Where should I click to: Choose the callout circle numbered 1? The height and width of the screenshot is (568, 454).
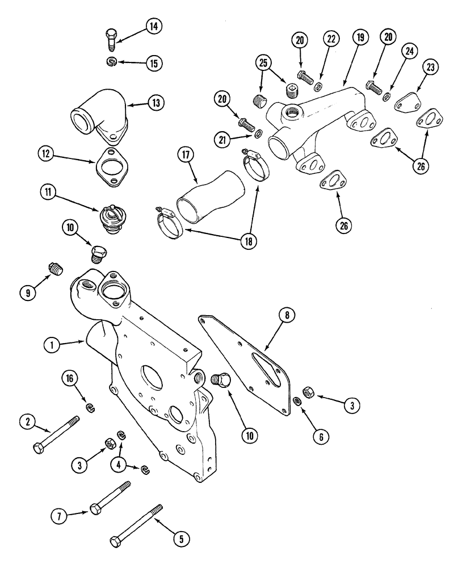(52, 344)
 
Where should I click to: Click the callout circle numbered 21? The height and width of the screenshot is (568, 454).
(223, 139)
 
